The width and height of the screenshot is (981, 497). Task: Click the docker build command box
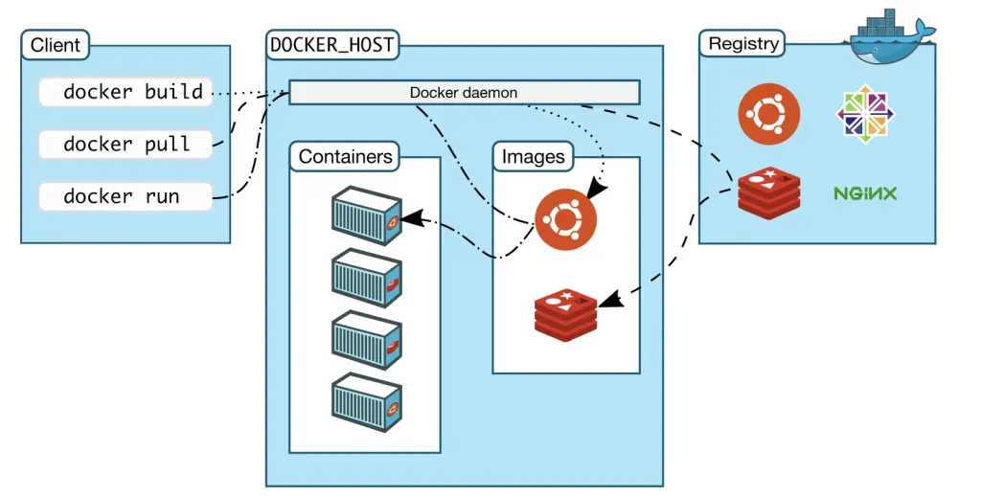pos(125,93)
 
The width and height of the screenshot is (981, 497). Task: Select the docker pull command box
pos(125,145)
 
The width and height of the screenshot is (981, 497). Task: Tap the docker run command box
pos(125,196)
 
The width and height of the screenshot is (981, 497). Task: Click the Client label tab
pos(56,45)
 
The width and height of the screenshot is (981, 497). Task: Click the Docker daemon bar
pos(464,93)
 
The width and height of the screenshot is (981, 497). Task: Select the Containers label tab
pos(345,156)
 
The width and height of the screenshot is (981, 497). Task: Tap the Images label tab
pos(533,156)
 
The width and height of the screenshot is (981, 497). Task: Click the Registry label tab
pos(742,44)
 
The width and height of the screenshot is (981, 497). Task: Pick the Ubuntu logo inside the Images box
pos(565,219)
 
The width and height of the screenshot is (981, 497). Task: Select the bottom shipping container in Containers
pos(365,400)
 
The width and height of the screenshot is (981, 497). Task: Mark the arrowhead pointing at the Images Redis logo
pos(609,301)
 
